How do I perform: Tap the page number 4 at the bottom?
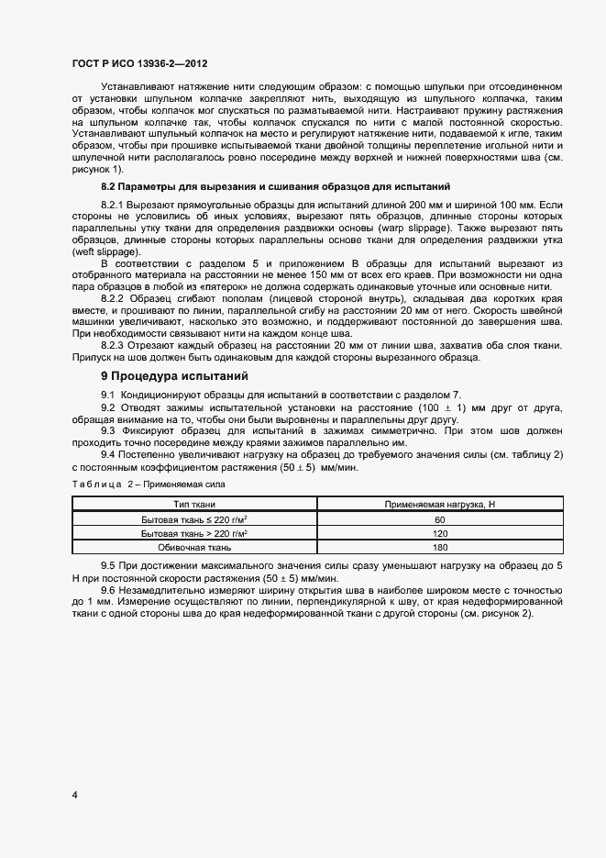click(74, 795)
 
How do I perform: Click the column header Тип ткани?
click(195, 505)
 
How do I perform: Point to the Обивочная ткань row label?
click(195, 548)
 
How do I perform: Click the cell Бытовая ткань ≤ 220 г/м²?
click(195, 519)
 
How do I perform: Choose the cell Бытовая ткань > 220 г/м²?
click(195, 533)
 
